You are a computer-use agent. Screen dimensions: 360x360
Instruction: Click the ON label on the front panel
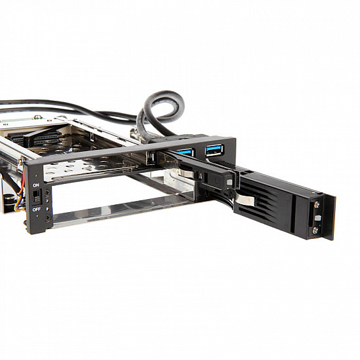point(37,185)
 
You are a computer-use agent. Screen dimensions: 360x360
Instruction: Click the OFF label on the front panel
point(37,209)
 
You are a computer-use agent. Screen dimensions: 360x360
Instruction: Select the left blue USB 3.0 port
point(187,153)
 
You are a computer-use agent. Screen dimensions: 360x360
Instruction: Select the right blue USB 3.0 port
point(214,150)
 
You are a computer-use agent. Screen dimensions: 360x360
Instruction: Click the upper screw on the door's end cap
point(317,205)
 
